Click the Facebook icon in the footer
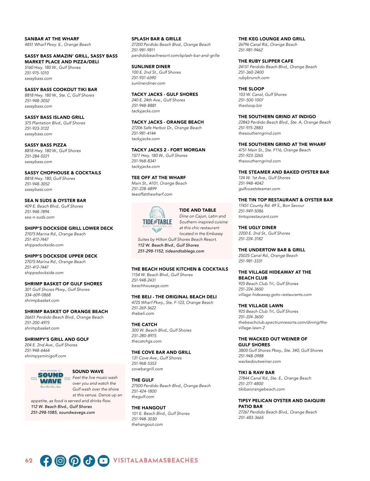pos(46,461)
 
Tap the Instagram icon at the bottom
pos(60,461)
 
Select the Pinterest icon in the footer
pos(75,461)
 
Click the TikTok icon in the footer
pos(89,461)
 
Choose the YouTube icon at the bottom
pos(104,461)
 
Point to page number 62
pos(29,461)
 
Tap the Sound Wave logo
pos(51,379)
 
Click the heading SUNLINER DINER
pos(151,67)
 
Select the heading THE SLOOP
pos(251,89)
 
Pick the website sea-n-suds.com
pos(39,217)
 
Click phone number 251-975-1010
pos(37,73)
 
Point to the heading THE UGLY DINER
pos(257,228)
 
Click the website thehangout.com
pos(147,425)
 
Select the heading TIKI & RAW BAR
pos(256,372)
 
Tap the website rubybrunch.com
pos(254,78)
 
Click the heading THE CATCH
pos(144,325)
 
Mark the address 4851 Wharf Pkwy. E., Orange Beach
pos(58,45)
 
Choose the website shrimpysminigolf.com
pos(45,356)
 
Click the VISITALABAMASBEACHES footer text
pos(156,461)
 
